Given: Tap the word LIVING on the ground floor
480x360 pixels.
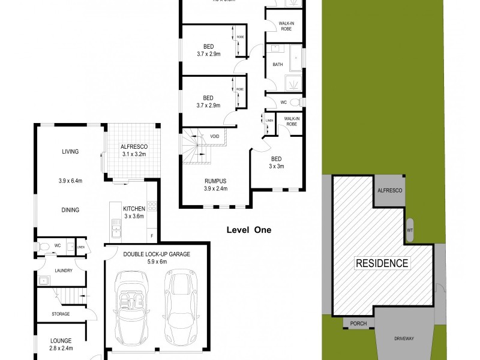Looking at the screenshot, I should coord(70,152).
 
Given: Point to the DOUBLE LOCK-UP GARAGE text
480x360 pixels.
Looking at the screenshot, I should coord(156,254).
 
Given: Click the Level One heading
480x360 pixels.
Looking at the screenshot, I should coord(248,229).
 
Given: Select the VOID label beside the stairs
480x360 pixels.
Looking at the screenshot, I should coord(214,136).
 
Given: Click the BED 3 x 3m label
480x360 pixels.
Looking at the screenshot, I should coord(277,161).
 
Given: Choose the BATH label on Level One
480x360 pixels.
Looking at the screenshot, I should coord(277,64).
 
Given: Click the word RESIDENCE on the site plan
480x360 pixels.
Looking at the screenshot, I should coord(383,263).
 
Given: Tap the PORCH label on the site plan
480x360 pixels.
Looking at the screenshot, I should coord(359,324).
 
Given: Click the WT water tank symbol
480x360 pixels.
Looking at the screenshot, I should coord(410,230).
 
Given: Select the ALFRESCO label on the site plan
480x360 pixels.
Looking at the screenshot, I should coord(389,190).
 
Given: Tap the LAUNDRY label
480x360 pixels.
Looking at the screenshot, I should coord(63,270).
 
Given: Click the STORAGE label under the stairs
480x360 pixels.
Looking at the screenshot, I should coord(60,314).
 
